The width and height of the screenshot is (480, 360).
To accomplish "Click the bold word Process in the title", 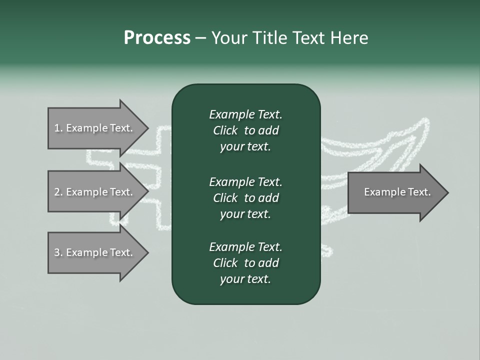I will pos(157,38).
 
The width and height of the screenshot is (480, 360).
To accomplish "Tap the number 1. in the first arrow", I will pos(58,128).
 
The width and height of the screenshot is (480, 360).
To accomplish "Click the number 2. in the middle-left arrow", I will pos(58,192).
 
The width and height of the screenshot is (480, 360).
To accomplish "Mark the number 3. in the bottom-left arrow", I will pos(58,252).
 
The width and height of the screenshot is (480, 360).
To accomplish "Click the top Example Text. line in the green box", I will pos(245,115).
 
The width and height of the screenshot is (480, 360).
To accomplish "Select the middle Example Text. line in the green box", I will pos(245,182).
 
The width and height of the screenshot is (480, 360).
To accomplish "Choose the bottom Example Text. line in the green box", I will pos(245,247).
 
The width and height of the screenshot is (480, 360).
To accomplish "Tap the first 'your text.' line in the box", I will pos(245,147).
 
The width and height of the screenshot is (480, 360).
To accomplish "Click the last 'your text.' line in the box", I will pos(245,279).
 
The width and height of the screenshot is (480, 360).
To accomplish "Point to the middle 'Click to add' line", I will pos(245,198).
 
